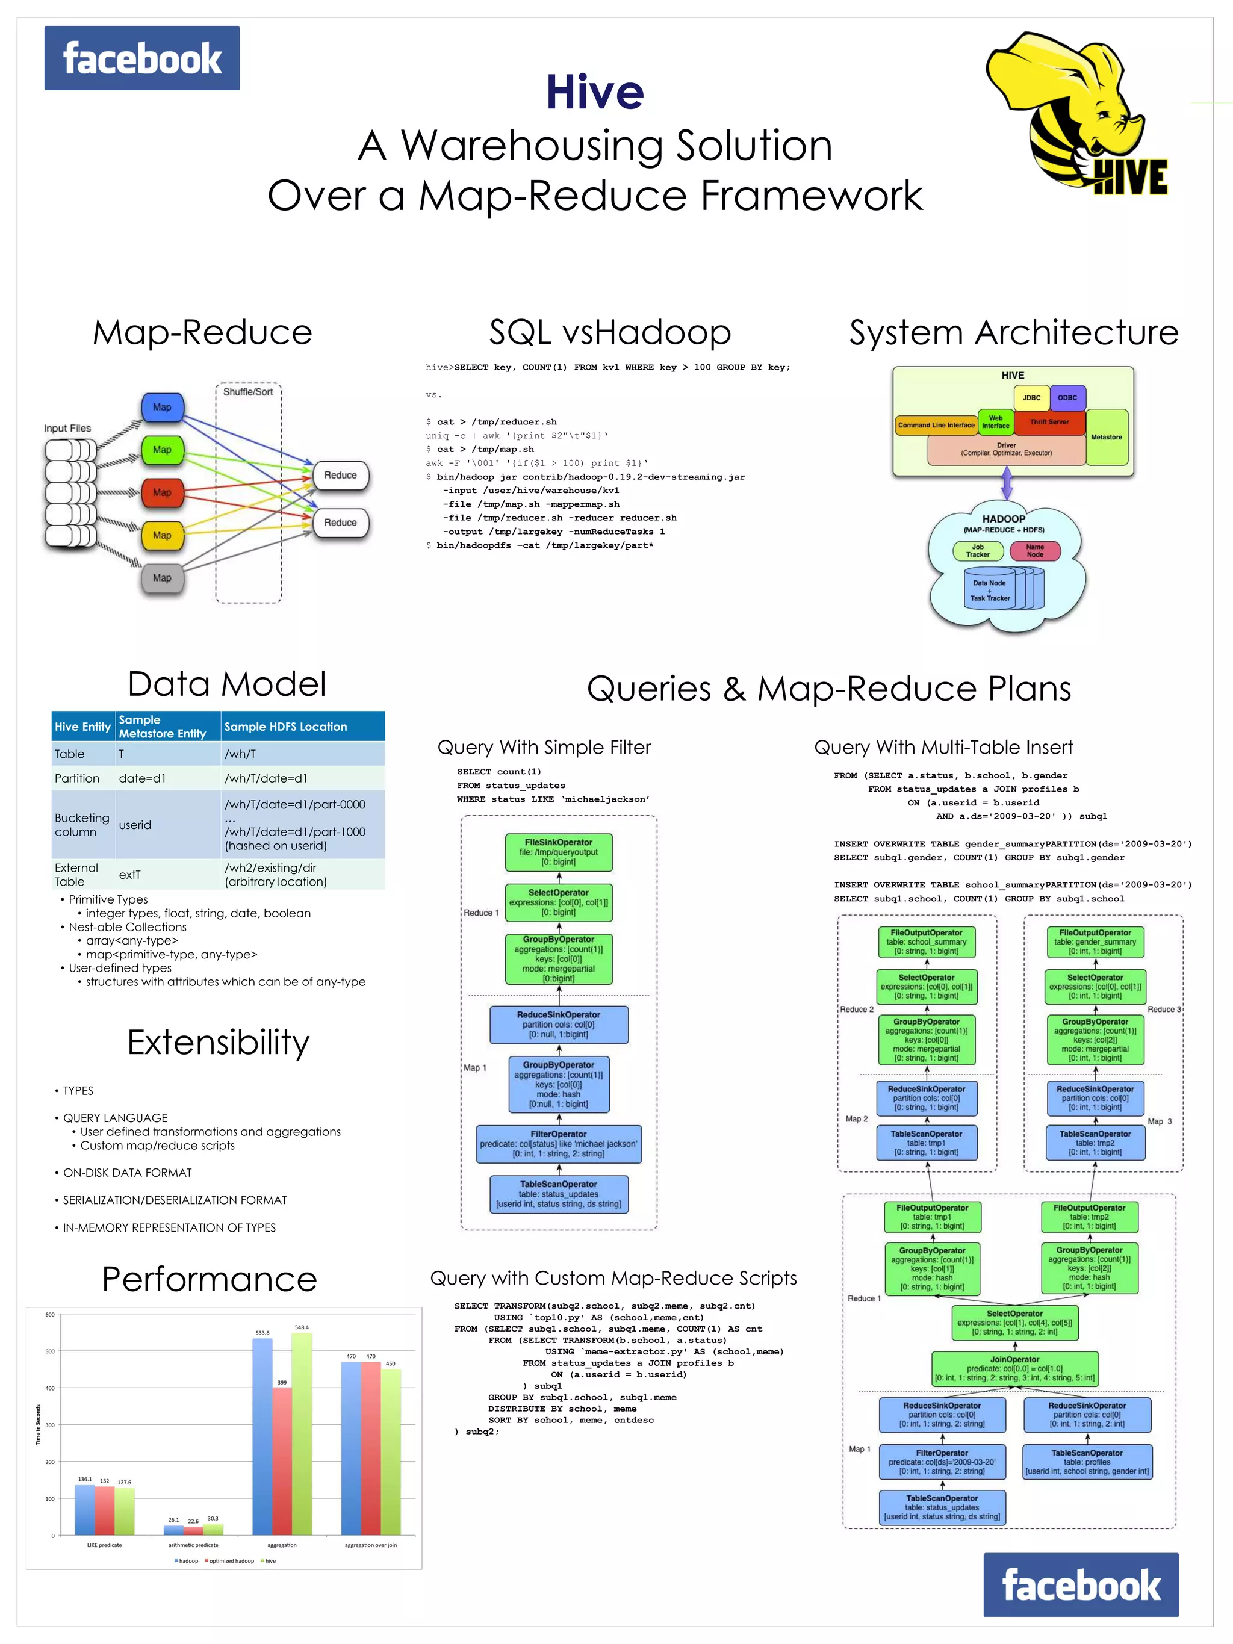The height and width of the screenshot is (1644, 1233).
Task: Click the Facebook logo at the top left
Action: pyautogui.click(x=141, y=58)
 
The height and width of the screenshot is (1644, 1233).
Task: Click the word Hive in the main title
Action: pyautogui.click(x=595, y=92)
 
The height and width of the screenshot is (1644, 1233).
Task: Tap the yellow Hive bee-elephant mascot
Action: pyautogui.click(x=1070, y=111)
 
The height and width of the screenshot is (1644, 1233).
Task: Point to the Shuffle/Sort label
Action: pyautogui.click(x=248, y=392)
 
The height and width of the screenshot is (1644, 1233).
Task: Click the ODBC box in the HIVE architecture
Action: pyautogui.click(x=1067, y=398)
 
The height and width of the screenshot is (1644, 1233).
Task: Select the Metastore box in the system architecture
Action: pyautogui.click(x=1106, y=437)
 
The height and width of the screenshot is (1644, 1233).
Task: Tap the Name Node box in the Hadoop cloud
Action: pyautogui.click(x=1034, y=551)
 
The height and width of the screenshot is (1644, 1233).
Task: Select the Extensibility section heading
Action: pyautogui.click(x=218, y=1042)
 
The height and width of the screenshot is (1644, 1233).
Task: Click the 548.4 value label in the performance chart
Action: pyautogui.click(x=302, y=1327)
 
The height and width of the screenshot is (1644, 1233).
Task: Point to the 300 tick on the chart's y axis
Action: pyautogui.click(x=50, y=1425)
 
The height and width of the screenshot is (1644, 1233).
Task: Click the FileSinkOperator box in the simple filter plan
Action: pyautogui.click(x=558, y=852)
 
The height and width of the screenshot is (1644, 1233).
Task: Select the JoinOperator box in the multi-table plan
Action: pyautogui.click(x=1014, y=1368)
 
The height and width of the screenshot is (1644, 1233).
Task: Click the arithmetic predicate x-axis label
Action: pyautogui.click(x=193, y=1545)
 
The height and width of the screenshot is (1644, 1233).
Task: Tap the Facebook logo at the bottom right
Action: pyautogui.click(x=1081, y=1585)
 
